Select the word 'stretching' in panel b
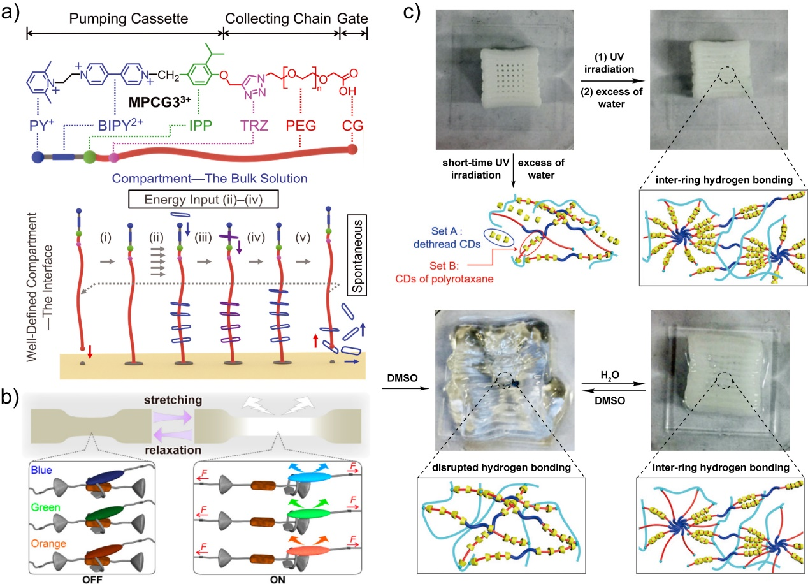[173, 399]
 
